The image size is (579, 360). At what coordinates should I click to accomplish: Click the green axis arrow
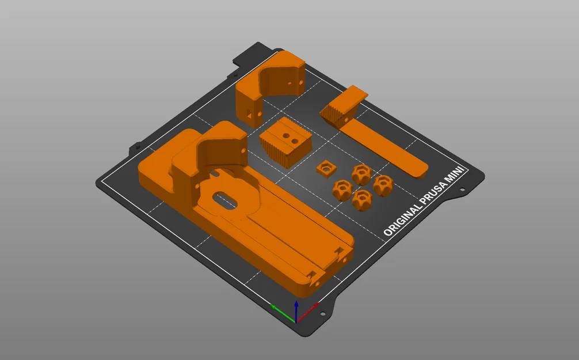point(283,313)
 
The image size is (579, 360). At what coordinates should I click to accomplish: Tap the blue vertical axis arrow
point(296,311)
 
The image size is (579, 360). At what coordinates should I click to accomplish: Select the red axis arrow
point(307,312)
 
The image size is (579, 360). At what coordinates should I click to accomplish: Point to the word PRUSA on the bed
point(435,191)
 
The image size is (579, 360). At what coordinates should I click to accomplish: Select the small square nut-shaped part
point(326,169)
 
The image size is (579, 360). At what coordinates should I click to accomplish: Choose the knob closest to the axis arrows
point(362,200)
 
